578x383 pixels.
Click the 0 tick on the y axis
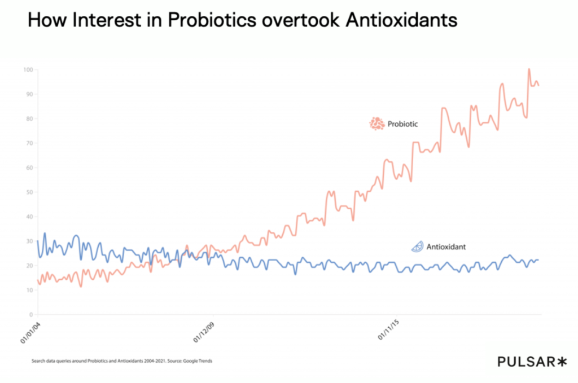pyautogui.click(x=31, y=315)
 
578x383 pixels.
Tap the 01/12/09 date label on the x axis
pyautogui.click(x=204, y=332)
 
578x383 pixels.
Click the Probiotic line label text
pyautogui.click(x=402, y=124)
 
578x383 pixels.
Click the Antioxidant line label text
pyautogui.click(x=446, y=247)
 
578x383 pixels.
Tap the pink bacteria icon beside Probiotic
pyautogui.click(x=376, y=124)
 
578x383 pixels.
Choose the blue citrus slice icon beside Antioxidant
pyautogui.click(x=417, y=246)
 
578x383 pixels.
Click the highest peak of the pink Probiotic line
pyautogui.click(x=529, y=69)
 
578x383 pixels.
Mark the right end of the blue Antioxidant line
pyautogui.click(x=538, y=260)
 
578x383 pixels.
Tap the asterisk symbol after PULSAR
pyautogui.click(x=561, y=362)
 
